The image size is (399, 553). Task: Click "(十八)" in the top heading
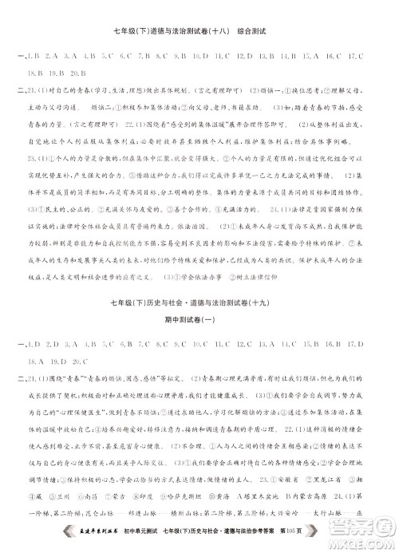coord(210,32)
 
